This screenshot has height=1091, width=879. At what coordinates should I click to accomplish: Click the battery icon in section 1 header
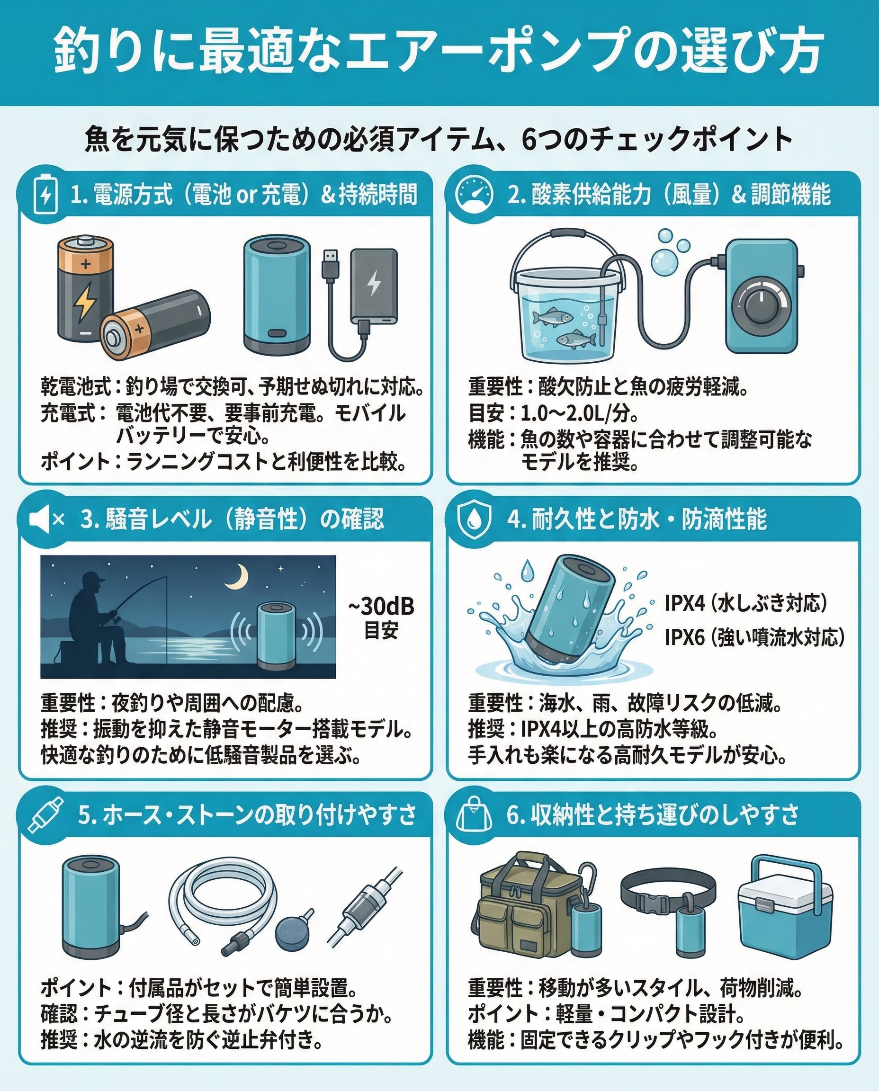[45, 195]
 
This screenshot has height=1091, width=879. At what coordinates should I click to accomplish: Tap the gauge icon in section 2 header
[474, 194]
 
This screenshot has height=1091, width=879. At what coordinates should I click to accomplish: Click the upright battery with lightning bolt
[86, 289]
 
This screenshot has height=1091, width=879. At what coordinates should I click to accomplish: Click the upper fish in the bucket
[552, 317]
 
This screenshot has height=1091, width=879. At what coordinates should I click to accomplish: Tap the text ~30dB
[381, 606]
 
